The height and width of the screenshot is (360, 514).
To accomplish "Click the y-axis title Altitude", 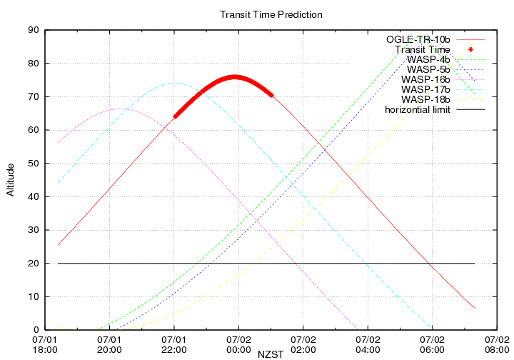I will (10, 180).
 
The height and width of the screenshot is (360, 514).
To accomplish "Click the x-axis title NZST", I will (271, 352).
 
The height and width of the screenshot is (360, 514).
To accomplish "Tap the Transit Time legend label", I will (422, 49).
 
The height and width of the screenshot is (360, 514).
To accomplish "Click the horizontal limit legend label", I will (418, 109).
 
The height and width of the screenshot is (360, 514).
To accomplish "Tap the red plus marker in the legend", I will (470, 49).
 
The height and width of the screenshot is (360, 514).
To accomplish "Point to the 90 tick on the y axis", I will (33, 30).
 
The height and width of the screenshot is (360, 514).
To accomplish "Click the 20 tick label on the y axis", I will (33, 263).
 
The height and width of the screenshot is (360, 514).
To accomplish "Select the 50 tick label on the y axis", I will (33, 163).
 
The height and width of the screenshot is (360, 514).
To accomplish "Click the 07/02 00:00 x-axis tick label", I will (238, 344).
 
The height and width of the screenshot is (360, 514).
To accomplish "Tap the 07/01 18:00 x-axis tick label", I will (45, 344).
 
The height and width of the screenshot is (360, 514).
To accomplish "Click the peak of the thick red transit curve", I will (234, 77).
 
